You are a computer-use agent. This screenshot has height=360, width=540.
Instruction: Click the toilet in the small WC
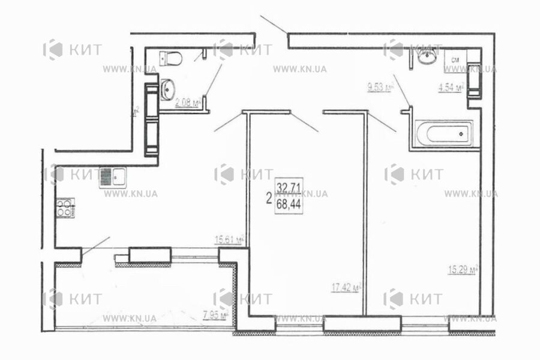point(172,59)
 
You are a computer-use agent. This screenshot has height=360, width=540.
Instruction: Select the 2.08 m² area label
point(185,103)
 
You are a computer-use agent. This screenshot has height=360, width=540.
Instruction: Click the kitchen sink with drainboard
point(112,177)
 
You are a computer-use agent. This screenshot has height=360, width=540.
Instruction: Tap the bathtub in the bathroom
point(444,133)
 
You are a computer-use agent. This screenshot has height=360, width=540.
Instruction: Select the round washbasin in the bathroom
point(427,58)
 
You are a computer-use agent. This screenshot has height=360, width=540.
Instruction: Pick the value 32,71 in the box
point(289,187)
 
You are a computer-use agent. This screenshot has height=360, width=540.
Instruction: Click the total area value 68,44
point(289,204)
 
